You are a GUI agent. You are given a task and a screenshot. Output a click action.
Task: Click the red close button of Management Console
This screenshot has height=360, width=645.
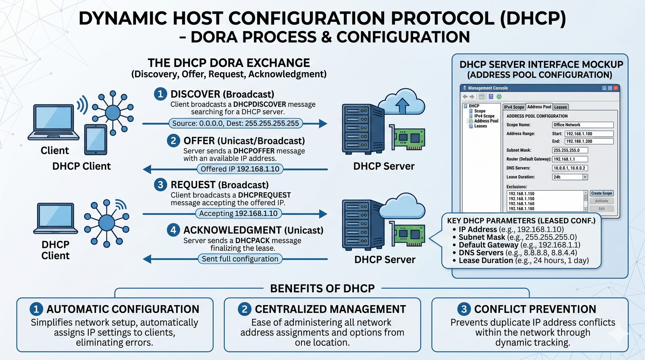click(x=616, y=88)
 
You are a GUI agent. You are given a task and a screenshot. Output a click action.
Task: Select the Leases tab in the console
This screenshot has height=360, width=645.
click(x=560, y=107)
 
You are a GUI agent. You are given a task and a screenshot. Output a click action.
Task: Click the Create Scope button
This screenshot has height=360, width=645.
click(x=601, y=194)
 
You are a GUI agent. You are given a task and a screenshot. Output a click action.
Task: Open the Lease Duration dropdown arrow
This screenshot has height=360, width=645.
click(x=585, y=177)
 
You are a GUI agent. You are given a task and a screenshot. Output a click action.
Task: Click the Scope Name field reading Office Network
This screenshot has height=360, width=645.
click(x=583, y=125)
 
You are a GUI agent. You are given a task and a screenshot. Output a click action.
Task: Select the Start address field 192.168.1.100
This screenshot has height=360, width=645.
click(x=589, y=134)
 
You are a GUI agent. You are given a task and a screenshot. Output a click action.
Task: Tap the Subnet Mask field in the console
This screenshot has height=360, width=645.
click(x=570, y=150)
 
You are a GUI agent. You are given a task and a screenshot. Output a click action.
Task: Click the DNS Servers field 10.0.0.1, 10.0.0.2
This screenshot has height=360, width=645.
click(x=570, y=168)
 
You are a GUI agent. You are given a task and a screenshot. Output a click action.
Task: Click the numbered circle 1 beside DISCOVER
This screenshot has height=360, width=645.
click(x=160, y=94)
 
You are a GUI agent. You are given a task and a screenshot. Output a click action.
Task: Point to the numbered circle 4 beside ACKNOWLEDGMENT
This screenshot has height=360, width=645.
click(x=173, y=230)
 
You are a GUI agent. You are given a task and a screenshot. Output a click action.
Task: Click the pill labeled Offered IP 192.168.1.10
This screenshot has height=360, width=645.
click(x=240, y=169)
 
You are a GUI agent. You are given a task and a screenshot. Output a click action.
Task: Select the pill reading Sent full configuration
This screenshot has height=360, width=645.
click(x=240, y=259)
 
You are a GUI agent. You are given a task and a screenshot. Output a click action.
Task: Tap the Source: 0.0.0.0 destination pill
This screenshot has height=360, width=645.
click(x=235, y=123)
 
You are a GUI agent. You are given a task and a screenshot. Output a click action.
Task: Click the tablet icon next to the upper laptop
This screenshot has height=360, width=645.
click(x=96, y=139)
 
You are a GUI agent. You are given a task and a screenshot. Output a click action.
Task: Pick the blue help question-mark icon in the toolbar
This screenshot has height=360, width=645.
click(x=491, y=97)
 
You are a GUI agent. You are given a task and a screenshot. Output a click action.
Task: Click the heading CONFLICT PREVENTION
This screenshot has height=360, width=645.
click(x=535, y=309)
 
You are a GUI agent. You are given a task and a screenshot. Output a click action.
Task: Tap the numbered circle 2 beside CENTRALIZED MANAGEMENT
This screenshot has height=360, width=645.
click(x=244, y=309)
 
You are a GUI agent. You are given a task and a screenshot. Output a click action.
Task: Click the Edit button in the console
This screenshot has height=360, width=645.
click(x=601, y=209)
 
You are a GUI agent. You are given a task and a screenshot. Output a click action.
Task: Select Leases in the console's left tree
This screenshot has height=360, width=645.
click(x=481, y=126)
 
